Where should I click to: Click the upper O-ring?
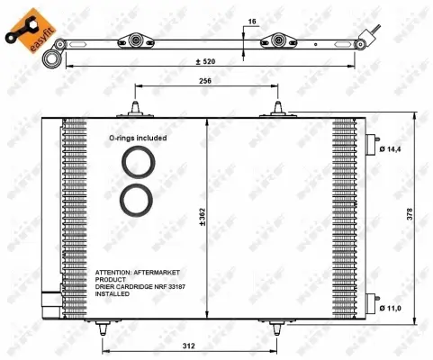coord(138,165)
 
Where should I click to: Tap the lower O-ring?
coord(138,199)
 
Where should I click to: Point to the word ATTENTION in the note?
coord(114,271)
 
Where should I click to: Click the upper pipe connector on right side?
coord(371,144)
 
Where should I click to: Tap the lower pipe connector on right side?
coord(371,302)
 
